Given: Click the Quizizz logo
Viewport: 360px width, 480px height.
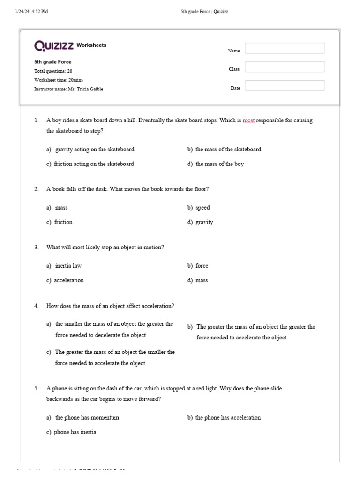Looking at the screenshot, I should (x=54, y=45).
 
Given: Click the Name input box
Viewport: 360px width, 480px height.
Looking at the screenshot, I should (x=285, y=48).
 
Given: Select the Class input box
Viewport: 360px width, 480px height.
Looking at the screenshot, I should (x=285, y=67).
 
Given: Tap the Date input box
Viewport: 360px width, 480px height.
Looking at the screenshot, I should (x=285, y=86).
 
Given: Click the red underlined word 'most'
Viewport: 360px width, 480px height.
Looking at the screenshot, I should (x=248, y=120).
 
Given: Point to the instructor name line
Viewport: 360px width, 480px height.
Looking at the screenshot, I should (x=68, y=89).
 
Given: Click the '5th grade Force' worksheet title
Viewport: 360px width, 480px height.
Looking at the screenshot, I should (x=52, y=62).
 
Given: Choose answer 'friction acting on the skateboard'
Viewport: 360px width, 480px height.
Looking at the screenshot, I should (x=94, y=164).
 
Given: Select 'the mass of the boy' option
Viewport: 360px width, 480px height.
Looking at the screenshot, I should (x=219, y=164).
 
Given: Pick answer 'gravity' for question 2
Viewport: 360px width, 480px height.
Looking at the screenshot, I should (x=204, y=222).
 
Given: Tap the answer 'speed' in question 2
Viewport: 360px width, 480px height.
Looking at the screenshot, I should (x=202, y=208).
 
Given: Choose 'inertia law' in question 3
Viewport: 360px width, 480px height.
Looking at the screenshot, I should (x=68, y=266).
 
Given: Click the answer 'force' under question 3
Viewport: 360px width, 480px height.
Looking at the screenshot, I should (x=202, y=266).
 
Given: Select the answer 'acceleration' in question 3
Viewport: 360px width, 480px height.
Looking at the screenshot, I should (x=69, y=280).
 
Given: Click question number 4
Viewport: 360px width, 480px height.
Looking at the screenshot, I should (x=36, y=306).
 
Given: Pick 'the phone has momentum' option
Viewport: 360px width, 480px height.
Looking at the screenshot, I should (x=87, y=418).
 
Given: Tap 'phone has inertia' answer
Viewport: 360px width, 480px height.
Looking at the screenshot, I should (x=75, y=432).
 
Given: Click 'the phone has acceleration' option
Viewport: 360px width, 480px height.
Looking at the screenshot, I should (x=228, y=418).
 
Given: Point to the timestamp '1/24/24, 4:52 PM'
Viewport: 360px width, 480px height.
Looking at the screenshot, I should (x=32, y=12).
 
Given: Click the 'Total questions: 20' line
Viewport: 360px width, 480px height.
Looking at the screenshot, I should (x=53, y=71).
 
